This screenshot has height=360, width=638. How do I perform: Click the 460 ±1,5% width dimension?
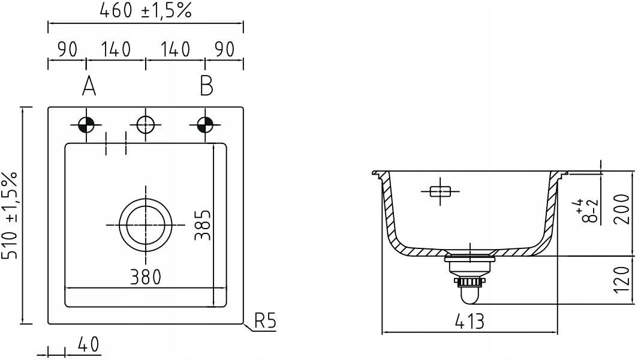click(x=145, y=11)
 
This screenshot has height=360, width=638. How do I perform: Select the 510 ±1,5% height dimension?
click(x=10, y=215)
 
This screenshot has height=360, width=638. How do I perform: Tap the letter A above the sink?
click(x=89, y=86)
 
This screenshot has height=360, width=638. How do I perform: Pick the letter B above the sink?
click(x=206, y=86)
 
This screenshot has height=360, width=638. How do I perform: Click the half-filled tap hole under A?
click(x=86, y=125)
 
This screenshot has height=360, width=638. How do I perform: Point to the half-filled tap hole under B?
click(x=205, y=125)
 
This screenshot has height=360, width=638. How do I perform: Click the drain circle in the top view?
click(x=146, y=199)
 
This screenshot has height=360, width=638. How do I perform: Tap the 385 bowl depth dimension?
click(x=203, y=225)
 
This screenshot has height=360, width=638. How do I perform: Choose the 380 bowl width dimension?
click(x=146, y=277)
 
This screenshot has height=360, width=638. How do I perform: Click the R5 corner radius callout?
click(x=265, y=321)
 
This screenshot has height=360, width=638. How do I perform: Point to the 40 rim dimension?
click(x=88, y=344)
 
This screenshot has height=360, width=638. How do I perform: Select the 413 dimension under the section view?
click(x=470, y=322)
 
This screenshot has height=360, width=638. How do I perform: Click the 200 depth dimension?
click(x=621, y=209)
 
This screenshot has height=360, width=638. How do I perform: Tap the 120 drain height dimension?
click(x=621, y=280)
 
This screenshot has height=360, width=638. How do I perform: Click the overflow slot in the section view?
click(x=440, y=191)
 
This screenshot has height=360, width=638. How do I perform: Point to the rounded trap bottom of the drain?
click(x=469, y=301)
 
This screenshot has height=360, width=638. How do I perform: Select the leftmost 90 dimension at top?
click(x=67, y=49)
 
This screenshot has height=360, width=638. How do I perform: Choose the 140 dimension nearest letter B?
click(x=175, y=49)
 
